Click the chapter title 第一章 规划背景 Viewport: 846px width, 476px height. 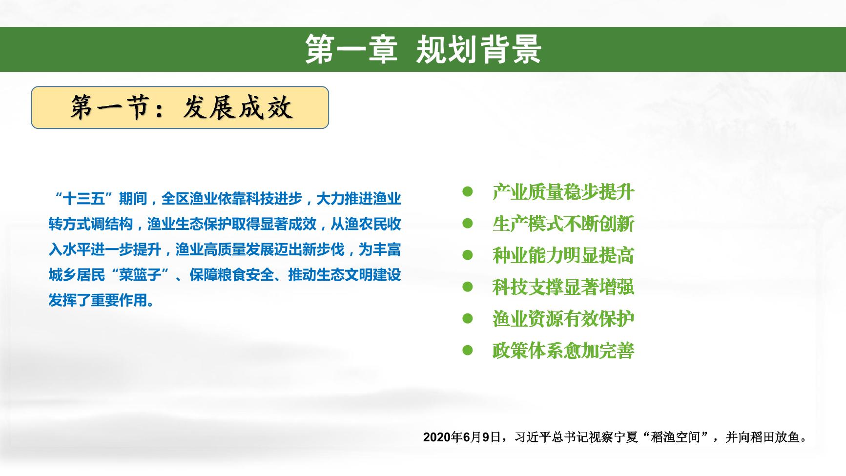(423, 49)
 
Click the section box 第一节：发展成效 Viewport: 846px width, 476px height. (180, 108)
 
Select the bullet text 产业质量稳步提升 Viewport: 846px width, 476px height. (563, 192)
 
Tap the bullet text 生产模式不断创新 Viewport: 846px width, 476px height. (563, 224)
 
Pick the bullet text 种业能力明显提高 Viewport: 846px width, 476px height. (563, 255)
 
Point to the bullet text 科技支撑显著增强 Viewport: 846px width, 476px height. (563, 287)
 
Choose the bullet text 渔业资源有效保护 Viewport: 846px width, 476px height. (563, 319)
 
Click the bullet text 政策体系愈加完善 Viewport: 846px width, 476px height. (563, 351)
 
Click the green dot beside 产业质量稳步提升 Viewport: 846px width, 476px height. (468, 191)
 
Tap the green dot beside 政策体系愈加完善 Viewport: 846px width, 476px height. (468, 350)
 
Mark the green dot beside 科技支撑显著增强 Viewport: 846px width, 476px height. (468, 287)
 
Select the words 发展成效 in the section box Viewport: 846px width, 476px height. (238, 108)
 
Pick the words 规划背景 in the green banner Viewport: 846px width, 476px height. (478, 49)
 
